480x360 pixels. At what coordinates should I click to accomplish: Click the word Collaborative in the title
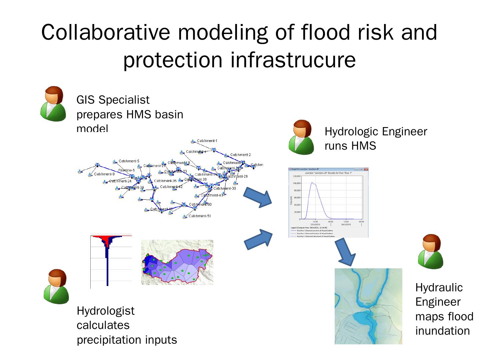(106, 32)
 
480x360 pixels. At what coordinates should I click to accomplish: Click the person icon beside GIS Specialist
(53, 104)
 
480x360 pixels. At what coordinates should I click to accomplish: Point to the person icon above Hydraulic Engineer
(431, 251)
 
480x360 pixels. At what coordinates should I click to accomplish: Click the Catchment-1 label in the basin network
(207, 141)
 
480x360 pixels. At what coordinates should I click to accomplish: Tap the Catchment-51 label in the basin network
(200, 216)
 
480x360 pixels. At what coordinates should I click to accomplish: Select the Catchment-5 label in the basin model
(129, 161)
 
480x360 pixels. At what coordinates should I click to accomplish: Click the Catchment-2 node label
(240, 155)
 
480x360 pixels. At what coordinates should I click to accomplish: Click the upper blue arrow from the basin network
(258, 197)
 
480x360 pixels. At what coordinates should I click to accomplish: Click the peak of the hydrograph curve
(312, 183)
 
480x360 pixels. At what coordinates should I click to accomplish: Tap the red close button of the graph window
(366, 169)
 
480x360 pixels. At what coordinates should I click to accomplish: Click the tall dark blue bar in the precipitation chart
(107, 267)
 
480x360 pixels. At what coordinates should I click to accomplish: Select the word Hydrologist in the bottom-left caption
(106, 311)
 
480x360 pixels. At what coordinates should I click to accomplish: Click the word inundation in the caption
(442, 331)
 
